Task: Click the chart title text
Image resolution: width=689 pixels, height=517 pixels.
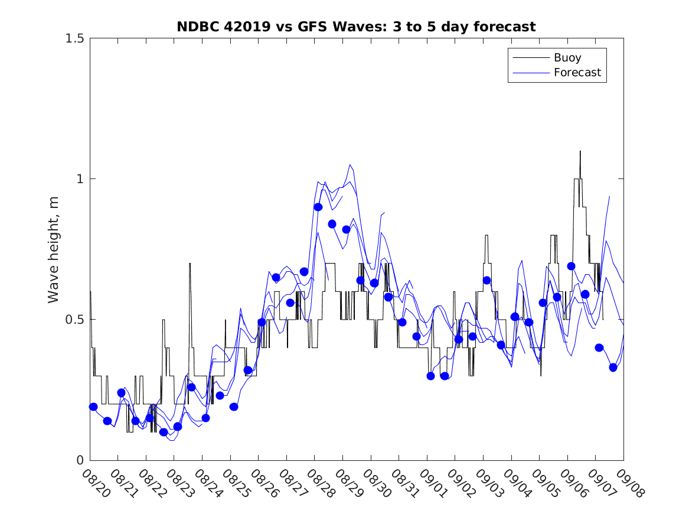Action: click(356, 27)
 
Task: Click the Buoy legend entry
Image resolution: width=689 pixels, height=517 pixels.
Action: click(567, 58)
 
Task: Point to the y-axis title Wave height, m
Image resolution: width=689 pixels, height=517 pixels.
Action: click(54, 249)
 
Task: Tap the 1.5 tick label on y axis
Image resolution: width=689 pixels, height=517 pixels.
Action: click(74, 38)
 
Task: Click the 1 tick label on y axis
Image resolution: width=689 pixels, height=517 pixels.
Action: click(80, 179)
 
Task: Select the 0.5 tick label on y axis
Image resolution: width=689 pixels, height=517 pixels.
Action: click(74, 320)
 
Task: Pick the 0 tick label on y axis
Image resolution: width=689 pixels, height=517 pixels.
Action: click(80, 460)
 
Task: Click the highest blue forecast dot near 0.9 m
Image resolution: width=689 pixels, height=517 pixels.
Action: click(318, 207)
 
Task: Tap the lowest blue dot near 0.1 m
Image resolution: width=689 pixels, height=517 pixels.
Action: click(164, 432)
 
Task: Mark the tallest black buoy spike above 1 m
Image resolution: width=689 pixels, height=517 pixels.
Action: click(580, 152)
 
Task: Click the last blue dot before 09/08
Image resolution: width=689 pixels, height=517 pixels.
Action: click(613, 368)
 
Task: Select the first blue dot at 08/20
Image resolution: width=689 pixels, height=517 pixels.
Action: click(93, 407)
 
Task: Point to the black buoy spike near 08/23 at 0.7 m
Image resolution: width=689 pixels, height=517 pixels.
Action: click(190, 264)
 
